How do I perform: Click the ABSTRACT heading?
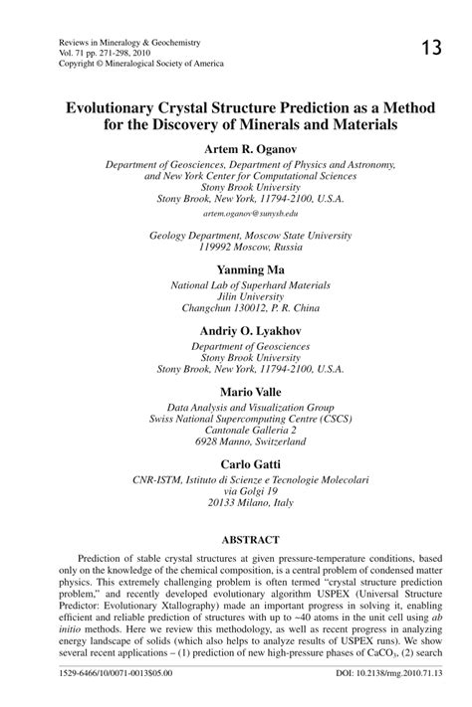[236, 537]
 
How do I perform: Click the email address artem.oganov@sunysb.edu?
[236, 213]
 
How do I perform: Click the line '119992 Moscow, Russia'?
[236, 247]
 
